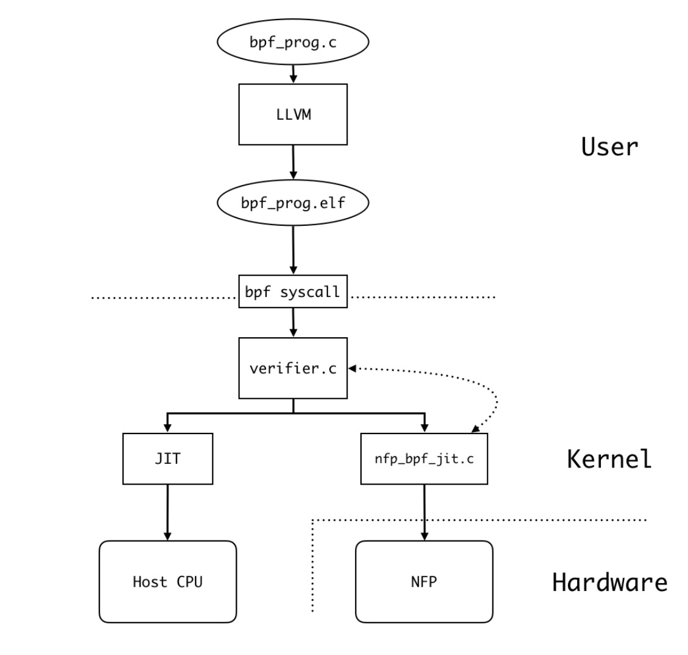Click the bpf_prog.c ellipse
point(293,42)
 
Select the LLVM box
point(293,114)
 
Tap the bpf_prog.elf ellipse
point(293,203)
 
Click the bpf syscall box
point(293,292)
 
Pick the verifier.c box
point(293,368)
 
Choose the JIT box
point(167,459)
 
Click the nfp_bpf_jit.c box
point(424,459)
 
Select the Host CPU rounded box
point(167,582)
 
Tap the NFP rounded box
point(424,582)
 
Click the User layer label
point(609,147)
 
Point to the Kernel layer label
point(609,459)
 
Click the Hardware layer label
point(609,583)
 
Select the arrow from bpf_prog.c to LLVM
point(293,74)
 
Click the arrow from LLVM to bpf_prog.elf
point(293,162)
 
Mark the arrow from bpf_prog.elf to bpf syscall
point(293,250)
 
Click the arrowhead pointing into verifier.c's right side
point(352,368)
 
